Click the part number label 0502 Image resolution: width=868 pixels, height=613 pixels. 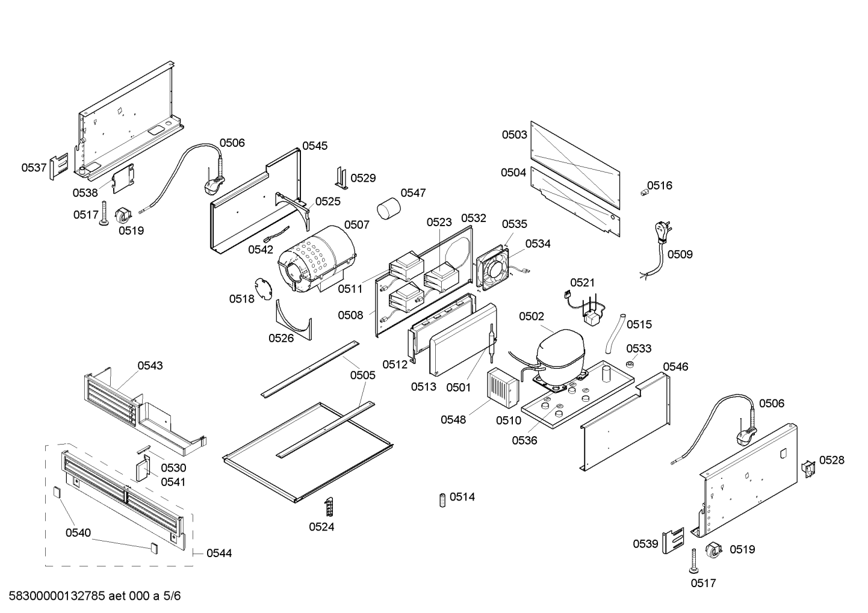532,316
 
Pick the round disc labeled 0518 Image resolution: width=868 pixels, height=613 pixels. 262,288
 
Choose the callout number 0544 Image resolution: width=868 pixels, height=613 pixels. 219,553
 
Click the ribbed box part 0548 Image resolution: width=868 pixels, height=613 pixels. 503,386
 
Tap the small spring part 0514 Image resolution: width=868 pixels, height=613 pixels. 442,499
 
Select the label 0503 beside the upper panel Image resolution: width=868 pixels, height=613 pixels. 515,135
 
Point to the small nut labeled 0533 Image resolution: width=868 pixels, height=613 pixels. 630,365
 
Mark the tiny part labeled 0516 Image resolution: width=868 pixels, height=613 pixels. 642,192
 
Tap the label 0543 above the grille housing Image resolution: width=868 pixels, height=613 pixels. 150,365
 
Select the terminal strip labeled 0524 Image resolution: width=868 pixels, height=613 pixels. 329,507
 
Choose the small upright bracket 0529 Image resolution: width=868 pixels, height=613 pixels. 342,178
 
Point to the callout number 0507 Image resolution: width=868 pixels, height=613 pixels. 356,224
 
